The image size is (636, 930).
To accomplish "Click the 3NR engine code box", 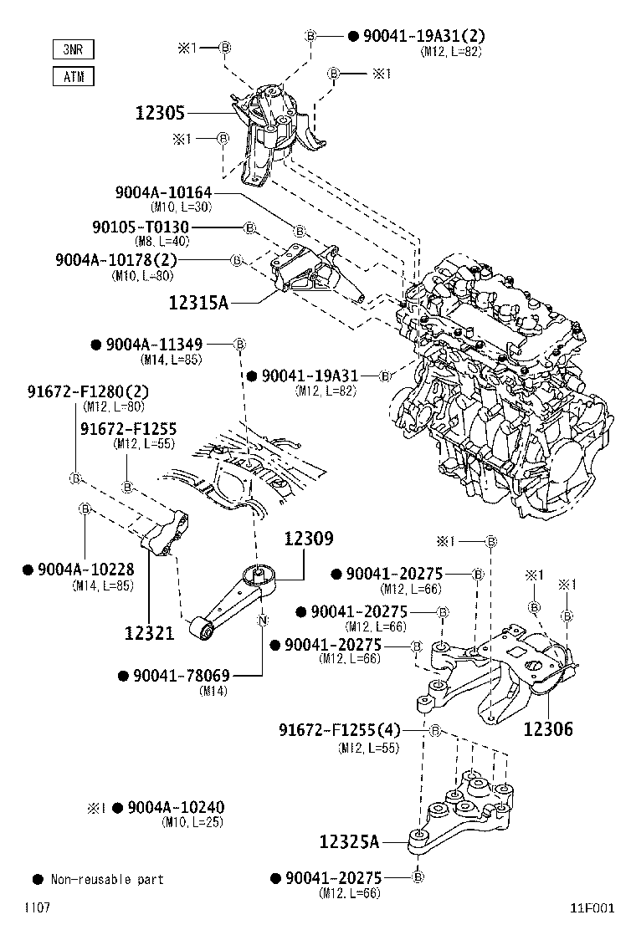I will pos(73,50).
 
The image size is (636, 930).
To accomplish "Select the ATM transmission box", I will pos(73,77).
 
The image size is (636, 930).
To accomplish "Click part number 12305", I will pos(160,112).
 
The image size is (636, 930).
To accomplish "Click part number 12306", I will pos(548,728).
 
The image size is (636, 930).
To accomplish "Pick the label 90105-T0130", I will pos(140,227).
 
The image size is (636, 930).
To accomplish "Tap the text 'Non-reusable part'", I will pos(107,880).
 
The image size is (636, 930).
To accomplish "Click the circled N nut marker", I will pos(262,620).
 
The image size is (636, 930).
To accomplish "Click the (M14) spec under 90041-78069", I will pos(210,691).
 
